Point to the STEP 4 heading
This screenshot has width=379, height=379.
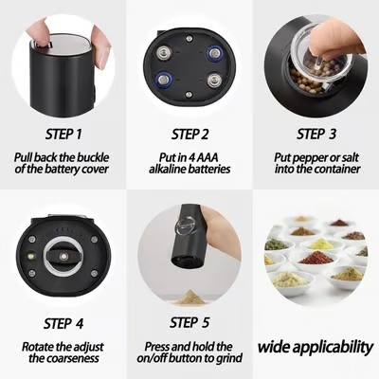point(63,323)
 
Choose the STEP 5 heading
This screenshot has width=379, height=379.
point(189,323)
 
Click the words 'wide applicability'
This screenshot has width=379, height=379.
point(316,346)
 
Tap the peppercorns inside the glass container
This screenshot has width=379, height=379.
point(308,76)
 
